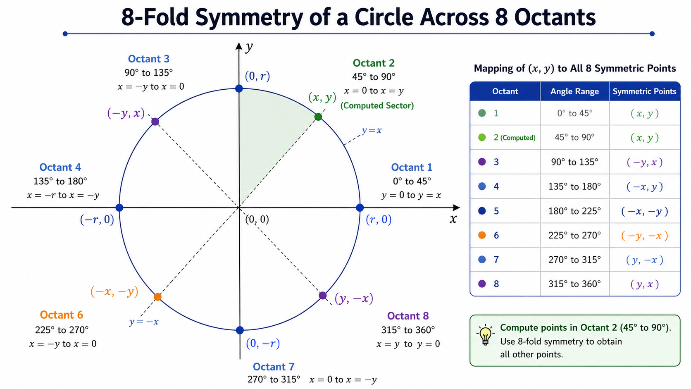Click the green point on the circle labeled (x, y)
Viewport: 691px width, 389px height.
click(x=318, y=117)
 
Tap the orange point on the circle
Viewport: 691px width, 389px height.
click(x=157, y=297)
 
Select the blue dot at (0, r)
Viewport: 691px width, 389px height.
click(x=239, y=88)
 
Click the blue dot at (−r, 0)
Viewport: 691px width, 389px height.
click(x=119, y=208)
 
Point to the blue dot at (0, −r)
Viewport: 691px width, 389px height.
click(x=240, y=330)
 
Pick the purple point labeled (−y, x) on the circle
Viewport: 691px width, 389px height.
click(x=155, y=122)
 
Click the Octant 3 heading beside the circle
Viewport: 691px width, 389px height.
click(x=149, y=59)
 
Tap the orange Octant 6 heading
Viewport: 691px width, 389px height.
click(x=62, y=315)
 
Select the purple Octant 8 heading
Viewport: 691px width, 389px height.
click(x=408, y=316)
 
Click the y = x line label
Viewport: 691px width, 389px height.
click(x=372, y=131)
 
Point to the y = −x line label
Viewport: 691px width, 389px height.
click(x=144, y=322)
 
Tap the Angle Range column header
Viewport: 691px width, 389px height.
click(x=575, y=91)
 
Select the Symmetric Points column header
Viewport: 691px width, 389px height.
click(x=644, y=91)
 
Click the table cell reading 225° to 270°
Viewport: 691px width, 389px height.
click(x=575, y=235)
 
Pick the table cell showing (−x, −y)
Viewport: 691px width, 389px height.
click(x=644, y=211)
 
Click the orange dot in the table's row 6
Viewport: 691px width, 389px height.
click(x=482, y=235)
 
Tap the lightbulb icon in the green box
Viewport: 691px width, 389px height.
click(x=485, y=335)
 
